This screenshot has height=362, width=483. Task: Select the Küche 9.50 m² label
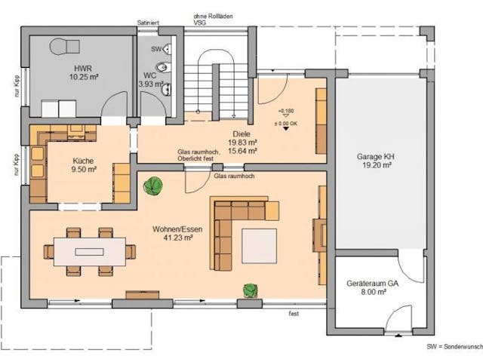tap(83, 165)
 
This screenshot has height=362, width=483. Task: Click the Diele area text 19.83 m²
tap(242, 141)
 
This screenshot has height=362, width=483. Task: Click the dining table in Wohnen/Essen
tap(90, 249)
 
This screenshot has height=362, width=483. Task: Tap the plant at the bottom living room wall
tap(249, 289)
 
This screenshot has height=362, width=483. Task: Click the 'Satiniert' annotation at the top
tap(147, 24)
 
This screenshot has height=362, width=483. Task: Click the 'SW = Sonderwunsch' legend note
tap(454, 345)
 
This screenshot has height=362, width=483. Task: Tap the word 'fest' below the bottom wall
tap(294, 313)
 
